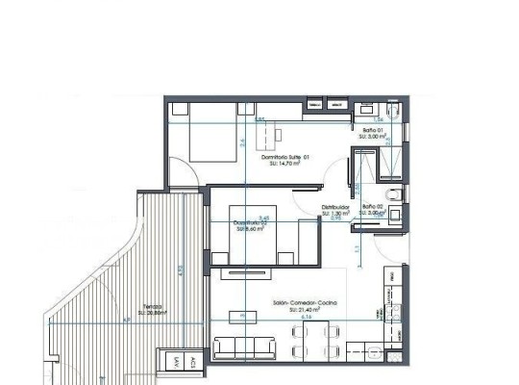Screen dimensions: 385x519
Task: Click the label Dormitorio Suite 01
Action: [x=284, y=155]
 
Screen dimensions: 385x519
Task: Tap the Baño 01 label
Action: [x=373, y=130]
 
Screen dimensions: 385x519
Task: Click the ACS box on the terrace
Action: [x=192, y=363]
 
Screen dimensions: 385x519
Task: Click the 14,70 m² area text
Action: [x=285, y=163]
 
